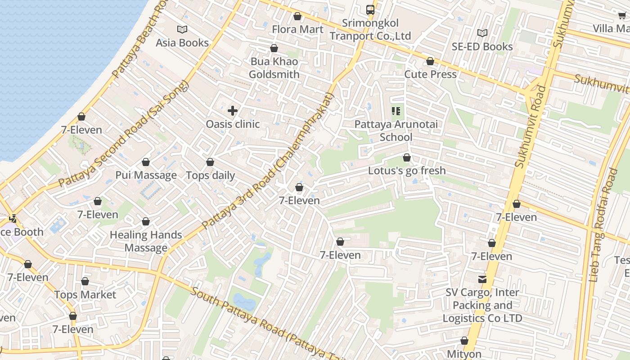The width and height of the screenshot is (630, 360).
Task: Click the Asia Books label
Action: pyautogui.click(x=182, y=43)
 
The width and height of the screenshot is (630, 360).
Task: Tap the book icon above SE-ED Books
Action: pyautogui.click(x=482, y=33)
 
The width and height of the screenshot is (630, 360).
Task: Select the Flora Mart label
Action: pyautogui.click(x=297, y=29)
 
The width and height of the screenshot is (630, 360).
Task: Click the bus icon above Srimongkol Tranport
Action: pyautogui.click(x=370, y=9)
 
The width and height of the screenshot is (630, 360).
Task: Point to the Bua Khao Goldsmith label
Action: pyautogui.click(x=274, y=67)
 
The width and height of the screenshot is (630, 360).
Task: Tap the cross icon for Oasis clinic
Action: pyautogui.click(x=233, y=111)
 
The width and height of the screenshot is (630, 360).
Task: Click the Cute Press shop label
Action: pyautogui.click(x=430, y=74)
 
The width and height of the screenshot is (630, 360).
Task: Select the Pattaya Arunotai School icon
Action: pyautogui.click(x=396, y=111)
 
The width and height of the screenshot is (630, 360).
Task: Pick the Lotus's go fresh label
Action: pyautogui.click(x=407, y=171)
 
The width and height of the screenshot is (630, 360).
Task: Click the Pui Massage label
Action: pyautogui.click(x=146, y=175)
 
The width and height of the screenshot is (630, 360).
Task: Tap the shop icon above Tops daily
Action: pyautogui.click(x=210, y=162)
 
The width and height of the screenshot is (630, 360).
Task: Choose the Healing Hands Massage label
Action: pyautogui.click(x=146, y=241)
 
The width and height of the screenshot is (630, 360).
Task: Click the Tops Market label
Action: pyautogui.click(x=85, y=295)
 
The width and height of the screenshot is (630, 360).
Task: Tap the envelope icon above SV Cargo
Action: pyautogui.click(x=482, y=279)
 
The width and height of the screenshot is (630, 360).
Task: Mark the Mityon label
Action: pyautogui.click(x=464, y=354)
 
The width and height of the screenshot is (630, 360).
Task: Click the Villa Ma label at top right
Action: pyautogui.click(x=611, y=29)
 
